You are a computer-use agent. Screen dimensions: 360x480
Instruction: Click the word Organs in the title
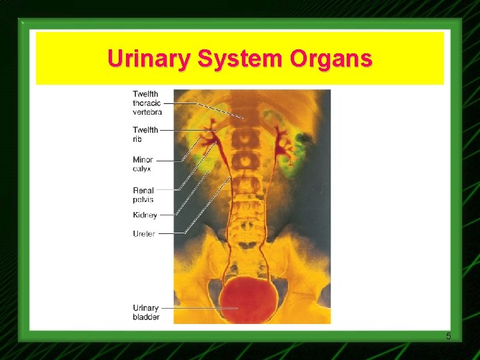(x=331, y=59)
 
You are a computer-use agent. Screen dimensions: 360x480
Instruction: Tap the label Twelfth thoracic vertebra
(x=147, y=103)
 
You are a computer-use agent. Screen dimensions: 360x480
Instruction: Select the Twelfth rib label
(x=145, y=134)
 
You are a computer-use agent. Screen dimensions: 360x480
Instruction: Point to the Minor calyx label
(x=143, y=164)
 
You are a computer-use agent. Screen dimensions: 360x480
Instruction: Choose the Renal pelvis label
(x=143, y=195)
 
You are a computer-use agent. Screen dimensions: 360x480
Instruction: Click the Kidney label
(x=145, y=215)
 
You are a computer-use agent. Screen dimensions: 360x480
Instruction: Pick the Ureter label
(x=144, y=234)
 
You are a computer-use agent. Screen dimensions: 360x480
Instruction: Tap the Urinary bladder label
(x=146, y=312)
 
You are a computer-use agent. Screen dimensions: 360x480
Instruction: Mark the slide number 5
(x=449, y=335)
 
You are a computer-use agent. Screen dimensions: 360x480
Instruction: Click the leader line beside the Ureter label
(x=171, y=234)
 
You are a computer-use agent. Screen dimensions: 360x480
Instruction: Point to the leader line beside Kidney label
(x=167, y=215)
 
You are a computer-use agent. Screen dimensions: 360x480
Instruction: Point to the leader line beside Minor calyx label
(x=170, y=161)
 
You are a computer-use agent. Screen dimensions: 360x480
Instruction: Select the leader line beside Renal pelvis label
(x=167, y=190)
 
